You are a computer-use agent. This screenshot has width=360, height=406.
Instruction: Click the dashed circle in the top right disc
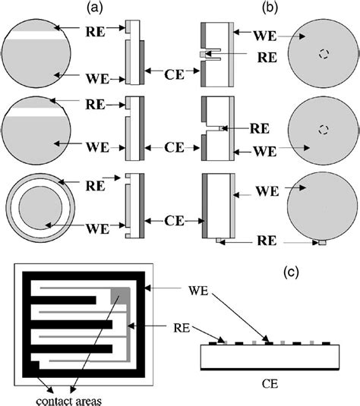point(324,54)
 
